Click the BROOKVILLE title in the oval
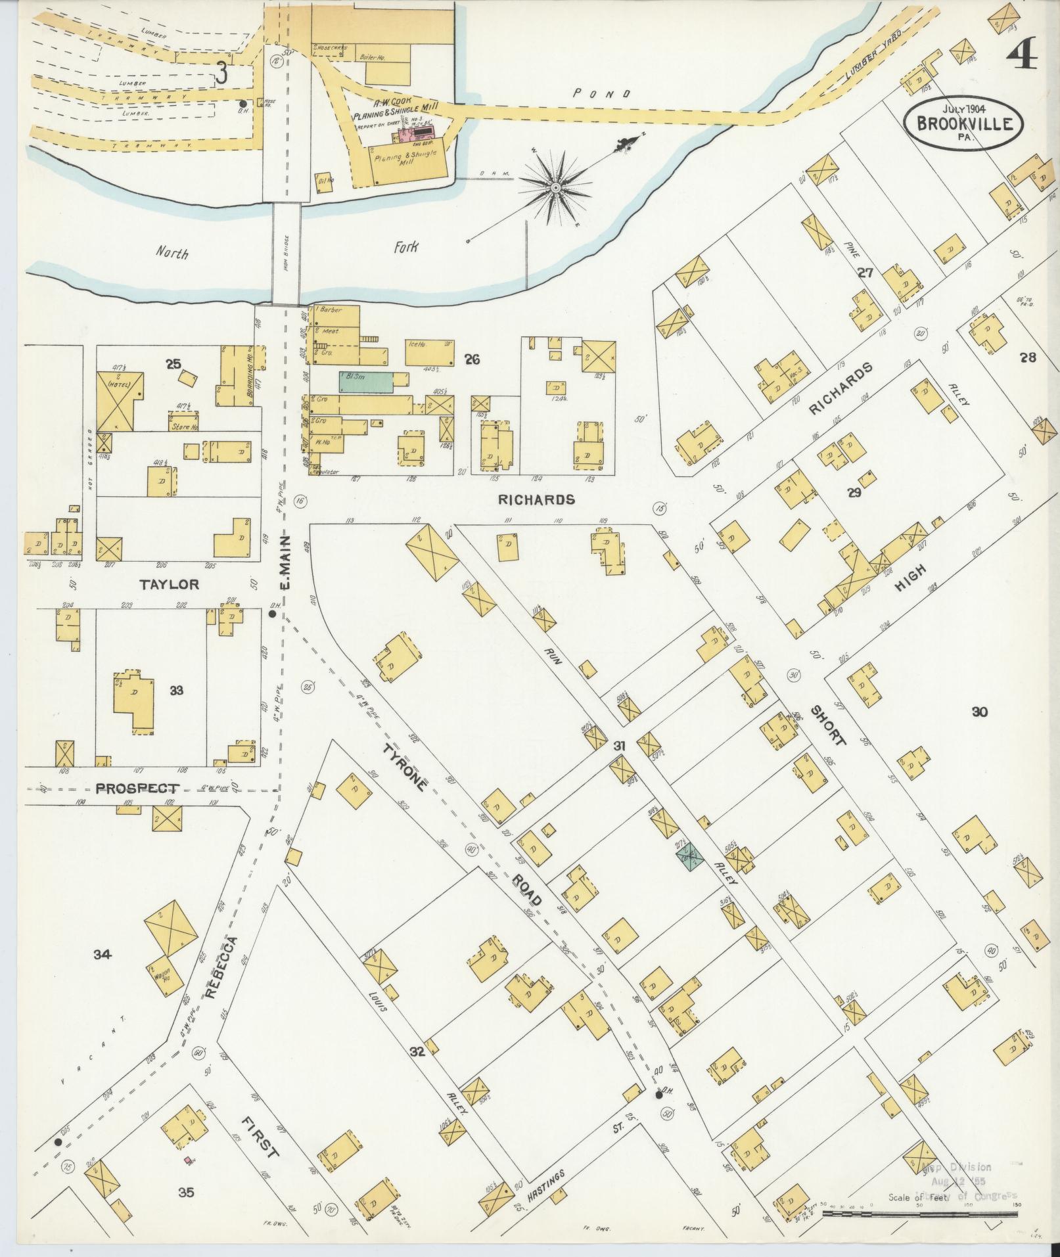point(964,123)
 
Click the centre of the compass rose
point(556,188)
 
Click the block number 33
point(176,691)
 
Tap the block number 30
point(979,711)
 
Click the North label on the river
point(172,252)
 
